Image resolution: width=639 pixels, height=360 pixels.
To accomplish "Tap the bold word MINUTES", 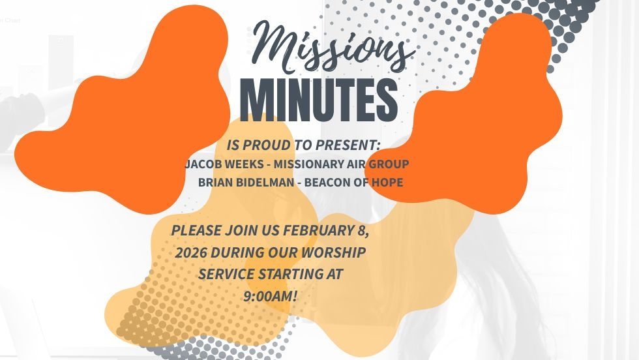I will [319, 100].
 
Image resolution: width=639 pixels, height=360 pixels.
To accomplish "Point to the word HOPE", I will [387, 183].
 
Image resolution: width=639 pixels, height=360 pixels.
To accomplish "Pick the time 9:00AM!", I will [270, 296].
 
